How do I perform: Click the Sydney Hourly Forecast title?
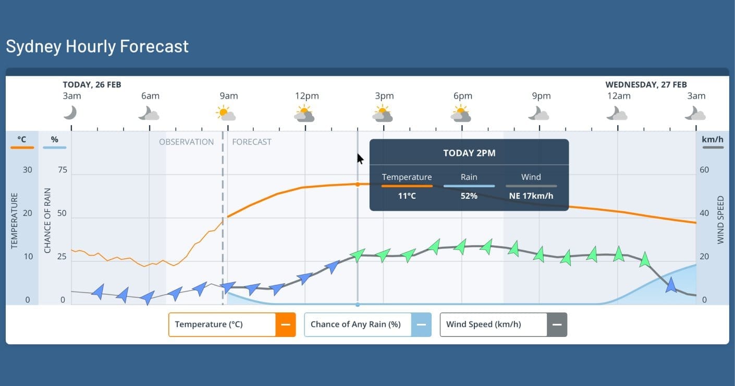(97, 46)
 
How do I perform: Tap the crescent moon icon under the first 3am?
(70, 113)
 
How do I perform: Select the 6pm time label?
(463, 96)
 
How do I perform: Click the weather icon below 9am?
(226, 113)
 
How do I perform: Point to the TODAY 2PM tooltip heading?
(469, 153)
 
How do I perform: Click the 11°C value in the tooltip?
(407, 196)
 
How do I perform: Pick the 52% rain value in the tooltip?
(469, 196)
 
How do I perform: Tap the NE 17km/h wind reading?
(531, 196)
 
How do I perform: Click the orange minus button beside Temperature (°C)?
(286, 324)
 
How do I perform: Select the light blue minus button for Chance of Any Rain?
(421, 324)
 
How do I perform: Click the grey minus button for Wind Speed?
(557, 324)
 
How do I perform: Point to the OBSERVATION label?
(187, 142)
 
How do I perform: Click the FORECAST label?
(252, 142)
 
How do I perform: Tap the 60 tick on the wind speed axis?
(704, 170)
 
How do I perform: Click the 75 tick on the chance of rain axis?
(63, 170)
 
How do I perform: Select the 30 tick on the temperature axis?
(28, 170)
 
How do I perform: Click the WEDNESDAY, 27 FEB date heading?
(646, 85)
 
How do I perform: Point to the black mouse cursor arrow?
(360, 159)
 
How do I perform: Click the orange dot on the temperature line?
(358, 185)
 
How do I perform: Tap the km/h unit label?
(713, 139)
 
